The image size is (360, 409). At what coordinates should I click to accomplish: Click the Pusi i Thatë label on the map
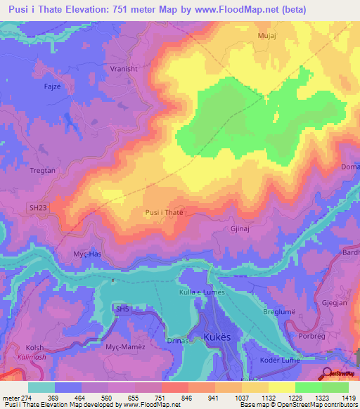tap(164, 212)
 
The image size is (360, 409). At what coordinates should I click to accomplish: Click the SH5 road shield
tap(123, 309)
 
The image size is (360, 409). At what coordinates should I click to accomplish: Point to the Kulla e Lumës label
tap(200, 292)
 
